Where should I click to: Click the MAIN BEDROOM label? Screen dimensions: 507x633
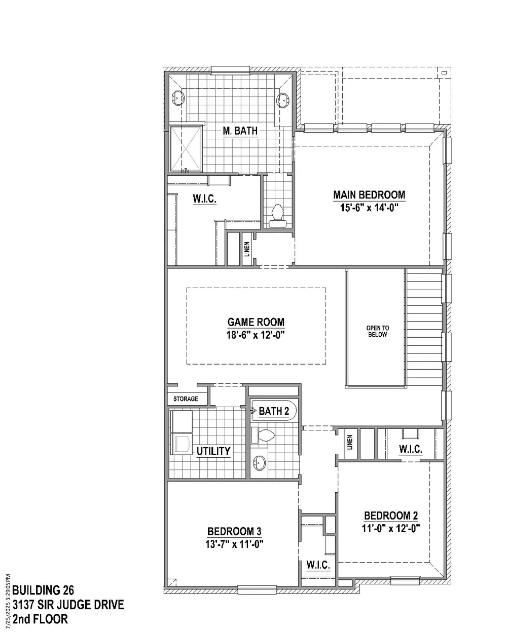click(x=369, y=195)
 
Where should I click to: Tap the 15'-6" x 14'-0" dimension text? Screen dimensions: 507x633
click(x=369, y=208)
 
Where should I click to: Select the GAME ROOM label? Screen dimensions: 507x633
click(x=256, y=322)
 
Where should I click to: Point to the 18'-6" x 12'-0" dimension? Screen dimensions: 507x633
click(x=256, y=335)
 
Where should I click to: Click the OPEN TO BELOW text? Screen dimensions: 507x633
click(x=377, y=331)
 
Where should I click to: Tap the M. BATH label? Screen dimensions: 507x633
click(x=240, y=131)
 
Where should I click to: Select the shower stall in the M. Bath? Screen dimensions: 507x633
click(x=186, y=149)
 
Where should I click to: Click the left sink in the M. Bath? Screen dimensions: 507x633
click(x=178, y=98)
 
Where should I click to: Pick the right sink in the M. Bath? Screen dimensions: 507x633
click(x=283, y=100)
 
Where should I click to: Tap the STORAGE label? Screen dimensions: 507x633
click(x=186, y=399)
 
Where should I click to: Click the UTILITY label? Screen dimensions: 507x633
click(x=213, y=451)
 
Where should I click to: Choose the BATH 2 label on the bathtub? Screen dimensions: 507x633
click(x=274, y=411)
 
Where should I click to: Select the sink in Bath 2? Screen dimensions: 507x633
click(x=259, y=463)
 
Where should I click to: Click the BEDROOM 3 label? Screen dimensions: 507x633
click(x=234, y=531)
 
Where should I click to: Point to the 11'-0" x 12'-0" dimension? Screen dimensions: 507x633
click(x=391, y=528)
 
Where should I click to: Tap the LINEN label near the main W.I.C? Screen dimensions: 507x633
click(x=247, y=249)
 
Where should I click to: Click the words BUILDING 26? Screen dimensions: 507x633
click(x=43, y=590)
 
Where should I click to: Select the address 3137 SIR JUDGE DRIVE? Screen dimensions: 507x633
click(x=68, y=605)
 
